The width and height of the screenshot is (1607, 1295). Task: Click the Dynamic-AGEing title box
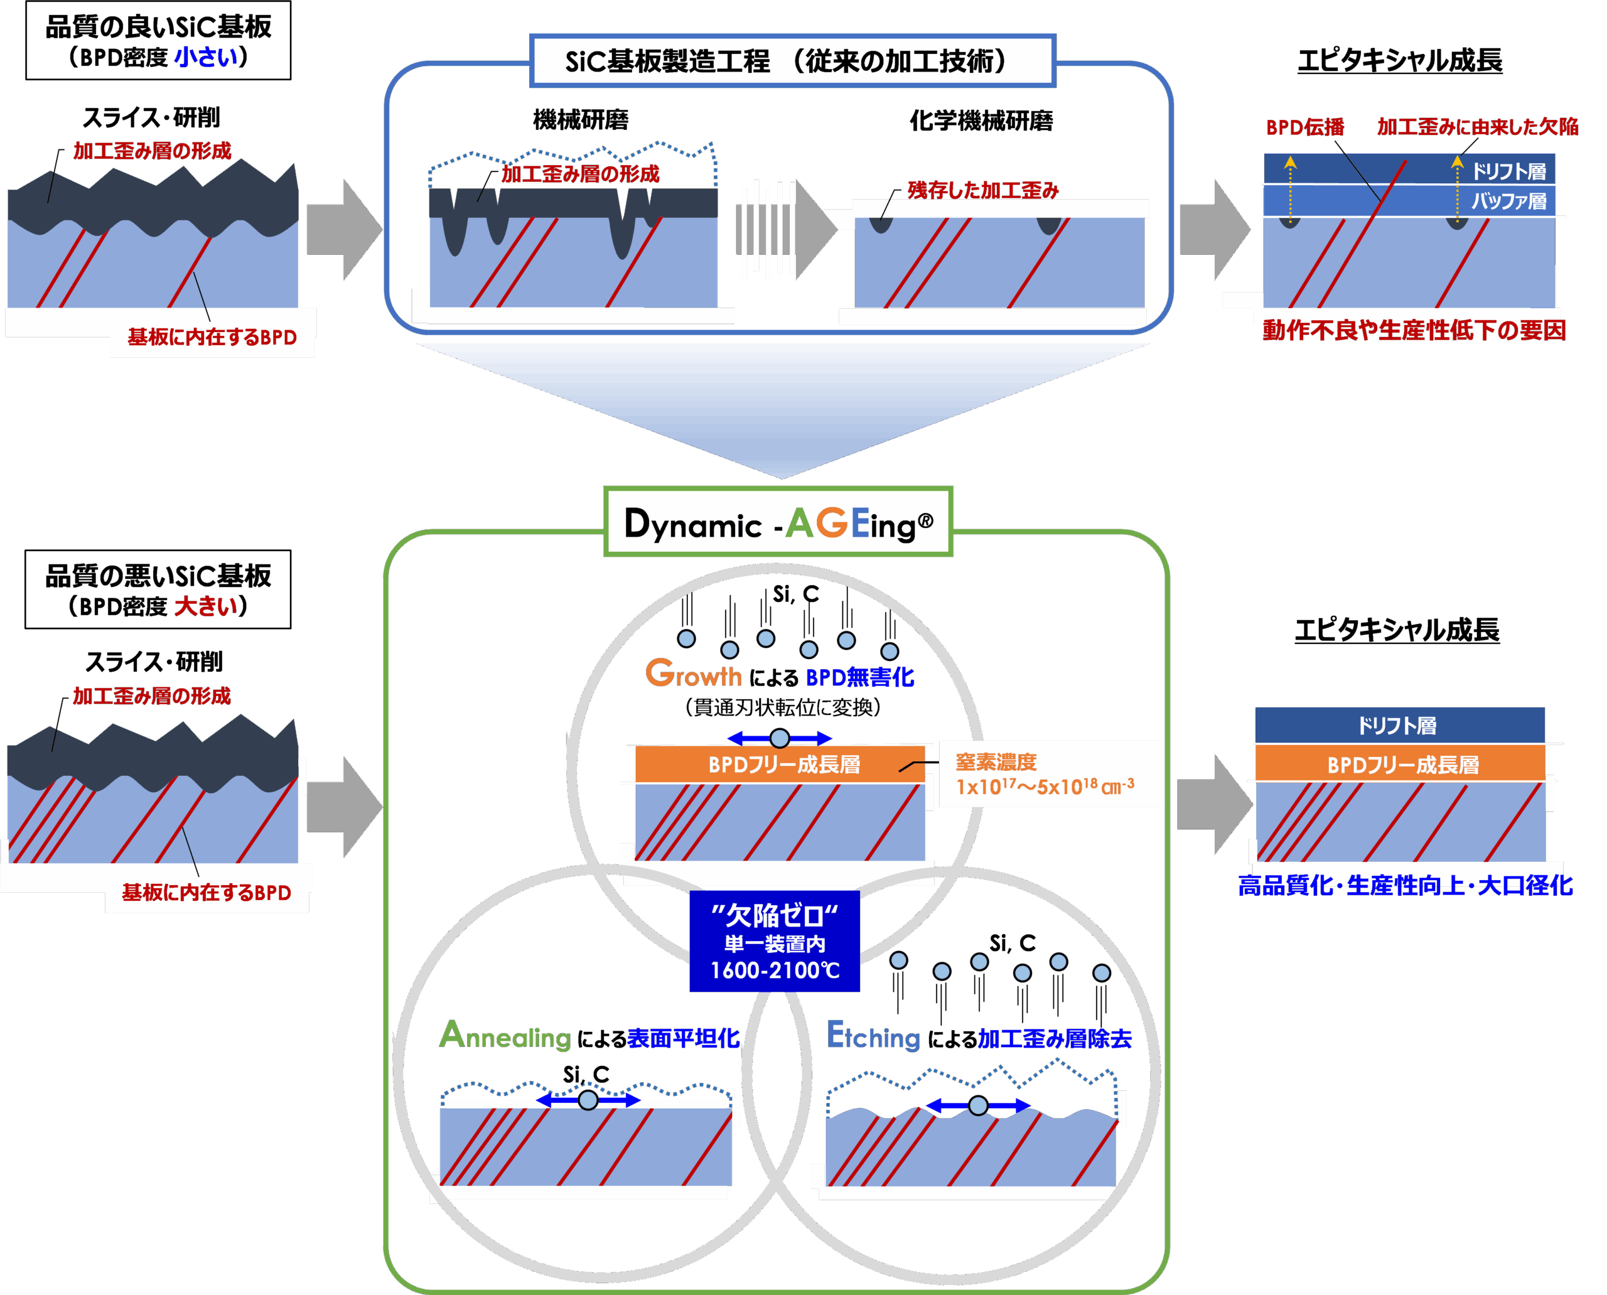tap(778, 522)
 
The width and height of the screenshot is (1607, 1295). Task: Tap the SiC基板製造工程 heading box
tap(792, 60)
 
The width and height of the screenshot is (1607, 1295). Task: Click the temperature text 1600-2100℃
tap(775, 970)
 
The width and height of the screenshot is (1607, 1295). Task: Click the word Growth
tap(693, 674)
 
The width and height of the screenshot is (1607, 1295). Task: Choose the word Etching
tap(873, 1036)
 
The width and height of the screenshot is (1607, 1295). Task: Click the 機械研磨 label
tap(581, 119)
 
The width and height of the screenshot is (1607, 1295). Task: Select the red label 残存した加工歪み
tap(982, 190)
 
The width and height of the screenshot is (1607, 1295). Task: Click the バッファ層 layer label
tap(1508, 201)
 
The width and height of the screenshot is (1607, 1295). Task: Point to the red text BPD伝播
tap(1305, 127)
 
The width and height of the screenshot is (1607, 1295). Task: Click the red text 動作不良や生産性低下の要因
tap(1414, 330)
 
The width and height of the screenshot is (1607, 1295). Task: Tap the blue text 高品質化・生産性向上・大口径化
tap(1405, 886)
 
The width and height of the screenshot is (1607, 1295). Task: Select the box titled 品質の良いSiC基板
tap(158, 40)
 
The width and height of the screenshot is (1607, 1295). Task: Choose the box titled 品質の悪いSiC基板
tap(158, 589)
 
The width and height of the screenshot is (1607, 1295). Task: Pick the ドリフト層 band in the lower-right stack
tap(1399, 725)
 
